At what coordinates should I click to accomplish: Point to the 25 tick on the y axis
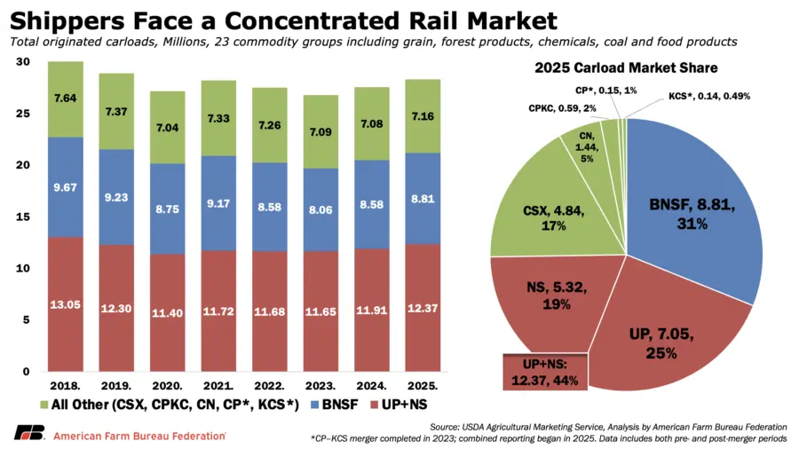(x=23, y=114)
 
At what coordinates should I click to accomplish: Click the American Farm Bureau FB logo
(x=28, y=433)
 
